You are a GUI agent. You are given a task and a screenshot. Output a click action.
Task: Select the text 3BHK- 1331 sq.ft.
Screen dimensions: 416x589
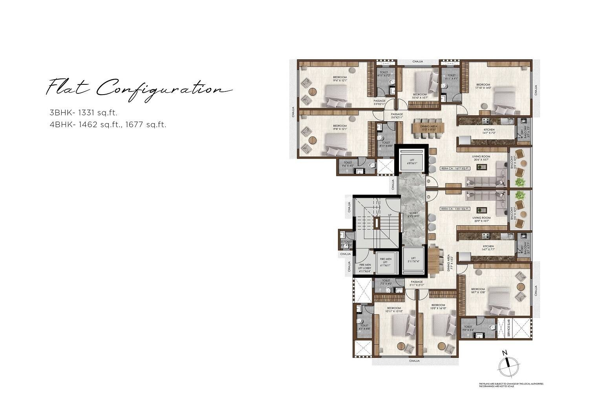pos(83,113)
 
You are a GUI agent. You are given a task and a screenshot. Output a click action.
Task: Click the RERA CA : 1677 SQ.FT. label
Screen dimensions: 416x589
pos(455,168)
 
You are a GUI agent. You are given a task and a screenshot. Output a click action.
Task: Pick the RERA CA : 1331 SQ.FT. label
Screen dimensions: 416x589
pos(455,209)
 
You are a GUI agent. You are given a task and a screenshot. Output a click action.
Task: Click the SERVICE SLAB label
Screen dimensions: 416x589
pos(508,329)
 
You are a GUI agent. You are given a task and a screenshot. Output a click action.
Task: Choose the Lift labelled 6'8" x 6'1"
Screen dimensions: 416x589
pos(412,162)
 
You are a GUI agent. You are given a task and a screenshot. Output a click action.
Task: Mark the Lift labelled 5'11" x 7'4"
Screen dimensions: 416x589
pos(412,261)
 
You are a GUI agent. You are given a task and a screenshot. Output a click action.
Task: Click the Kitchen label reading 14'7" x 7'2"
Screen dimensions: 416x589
pos(489,131)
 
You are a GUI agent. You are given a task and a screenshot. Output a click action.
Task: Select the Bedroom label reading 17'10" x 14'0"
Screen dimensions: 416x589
pos(483,86)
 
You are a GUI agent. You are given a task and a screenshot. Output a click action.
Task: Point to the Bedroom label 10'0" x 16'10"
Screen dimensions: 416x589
pos(438,307)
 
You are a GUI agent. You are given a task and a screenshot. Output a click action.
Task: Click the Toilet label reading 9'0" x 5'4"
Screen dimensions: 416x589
pos(468,328)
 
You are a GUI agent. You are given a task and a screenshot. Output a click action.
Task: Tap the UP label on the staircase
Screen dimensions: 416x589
pos(390,215)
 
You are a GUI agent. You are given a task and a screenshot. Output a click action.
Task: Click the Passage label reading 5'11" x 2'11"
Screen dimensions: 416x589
pos(417,283)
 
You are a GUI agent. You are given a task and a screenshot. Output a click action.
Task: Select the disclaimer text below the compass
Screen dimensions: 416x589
pos(511,385)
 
